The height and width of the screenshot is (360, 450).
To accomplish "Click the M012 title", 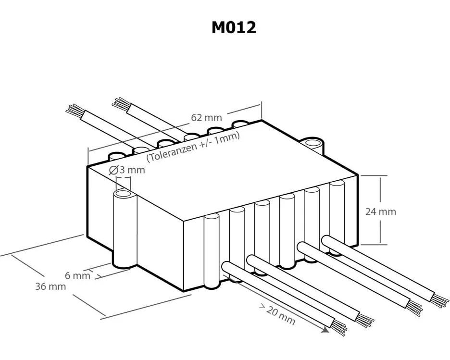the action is pyautogui.click(x=234, y=28).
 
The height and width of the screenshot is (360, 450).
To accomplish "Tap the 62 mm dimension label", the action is pyautogui.click(x=206, y=117).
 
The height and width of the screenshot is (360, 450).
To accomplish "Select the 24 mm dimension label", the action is pyautogui.click(x=381, y=211).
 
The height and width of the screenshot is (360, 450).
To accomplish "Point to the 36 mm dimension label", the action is pyautogui.click(x=50, y=286).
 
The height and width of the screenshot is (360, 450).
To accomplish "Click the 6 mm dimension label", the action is pyautogui.click(x=77, y=275).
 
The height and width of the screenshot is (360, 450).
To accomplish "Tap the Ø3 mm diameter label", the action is pyautogui.click(x=127, y=170).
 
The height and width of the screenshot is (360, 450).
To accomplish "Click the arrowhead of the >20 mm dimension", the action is pyautogui.click(x=325, y=330).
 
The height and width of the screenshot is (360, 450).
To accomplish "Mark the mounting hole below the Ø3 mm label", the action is pyautogui.click(x=124, y=194).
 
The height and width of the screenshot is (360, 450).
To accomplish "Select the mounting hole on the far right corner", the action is pyautogui.click(x=312, y=143).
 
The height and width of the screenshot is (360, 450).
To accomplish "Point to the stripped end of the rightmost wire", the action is pyautogui.click(x=440, y=300).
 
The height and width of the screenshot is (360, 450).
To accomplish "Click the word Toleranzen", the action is pyautogui.click(x=171, y=152).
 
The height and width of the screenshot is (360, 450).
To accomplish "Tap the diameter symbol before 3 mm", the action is pyautogui.click(x=113, y=171).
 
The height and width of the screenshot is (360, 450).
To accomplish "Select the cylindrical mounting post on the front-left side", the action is pyautogui.click(x=125, y=229).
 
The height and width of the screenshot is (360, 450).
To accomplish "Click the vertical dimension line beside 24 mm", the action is pyautogui.click(x=381, y=210).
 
